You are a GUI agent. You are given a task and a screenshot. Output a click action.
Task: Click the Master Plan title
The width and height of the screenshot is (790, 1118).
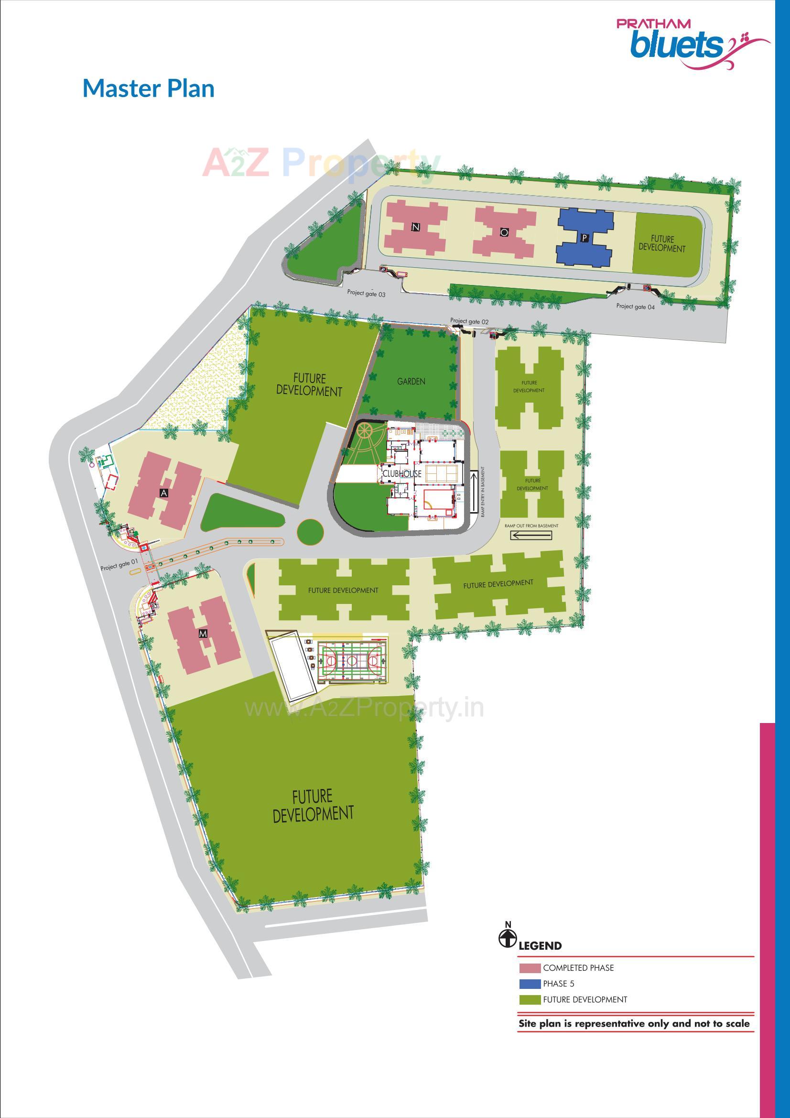point(149,88)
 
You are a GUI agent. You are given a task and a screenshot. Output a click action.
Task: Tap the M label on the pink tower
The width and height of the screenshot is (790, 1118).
point(203,634)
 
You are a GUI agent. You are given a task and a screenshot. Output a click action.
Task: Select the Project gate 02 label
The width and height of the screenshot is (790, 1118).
point(469,321)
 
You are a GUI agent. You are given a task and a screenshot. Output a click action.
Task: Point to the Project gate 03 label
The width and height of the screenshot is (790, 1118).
point(366,293)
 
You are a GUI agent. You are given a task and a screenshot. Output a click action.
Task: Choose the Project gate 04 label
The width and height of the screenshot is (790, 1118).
point(636,307)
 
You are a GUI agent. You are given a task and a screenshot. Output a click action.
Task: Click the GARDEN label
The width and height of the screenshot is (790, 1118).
point(411,382)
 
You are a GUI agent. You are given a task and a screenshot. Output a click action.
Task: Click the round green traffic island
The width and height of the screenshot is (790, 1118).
point(310,531)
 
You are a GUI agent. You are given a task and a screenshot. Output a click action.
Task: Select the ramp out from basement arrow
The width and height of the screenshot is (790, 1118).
point(531,536)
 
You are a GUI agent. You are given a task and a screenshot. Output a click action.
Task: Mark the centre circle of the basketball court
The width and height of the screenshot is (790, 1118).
point(352,661)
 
